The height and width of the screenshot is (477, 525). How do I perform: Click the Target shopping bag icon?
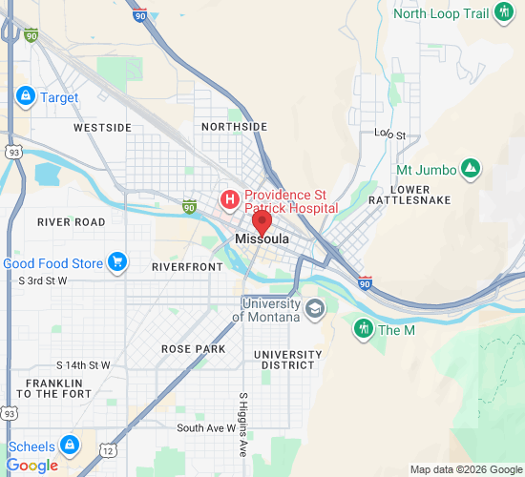[x=26, y=96]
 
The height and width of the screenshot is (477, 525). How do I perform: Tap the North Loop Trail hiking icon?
[x=504, y=12]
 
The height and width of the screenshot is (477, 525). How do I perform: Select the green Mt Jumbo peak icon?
[x=470, y=169]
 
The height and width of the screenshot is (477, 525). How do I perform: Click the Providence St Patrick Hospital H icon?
[x=230, y=199]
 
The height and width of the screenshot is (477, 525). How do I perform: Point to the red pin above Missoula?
[x=262, y=222]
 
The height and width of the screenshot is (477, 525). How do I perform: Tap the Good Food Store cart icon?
[x=117, y=262]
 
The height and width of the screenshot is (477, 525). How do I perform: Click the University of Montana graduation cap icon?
[x=315, y=308]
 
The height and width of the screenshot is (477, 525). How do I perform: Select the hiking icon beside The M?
[x=364, y=329]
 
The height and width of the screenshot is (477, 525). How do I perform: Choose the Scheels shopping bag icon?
[x=69, y=445]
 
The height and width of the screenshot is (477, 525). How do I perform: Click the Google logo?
[x=31, y=466]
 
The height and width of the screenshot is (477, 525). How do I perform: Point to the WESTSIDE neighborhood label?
[x=102, y=127]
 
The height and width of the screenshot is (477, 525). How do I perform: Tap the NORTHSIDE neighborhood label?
[x=234, y=127]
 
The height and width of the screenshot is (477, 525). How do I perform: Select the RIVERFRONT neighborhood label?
[x=186, y=267]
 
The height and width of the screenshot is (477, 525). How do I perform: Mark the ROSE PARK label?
[x=193, y=349]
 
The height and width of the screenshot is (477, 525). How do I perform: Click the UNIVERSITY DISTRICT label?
[x=288, y=360]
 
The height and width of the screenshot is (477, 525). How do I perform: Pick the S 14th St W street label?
[x=83, y=365]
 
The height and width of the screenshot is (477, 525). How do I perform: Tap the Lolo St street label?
[x=389, y=135]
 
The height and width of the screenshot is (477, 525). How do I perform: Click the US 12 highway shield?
[x=109, y=449]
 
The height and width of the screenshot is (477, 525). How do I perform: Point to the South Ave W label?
[x=206, y=428]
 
